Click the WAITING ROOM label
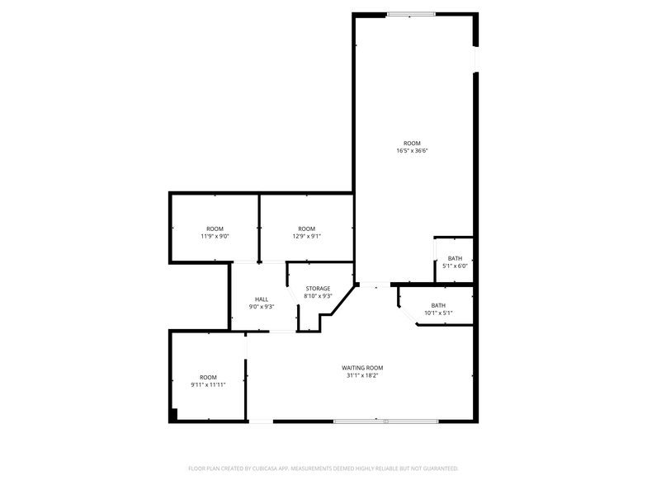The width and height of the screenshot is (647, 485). point(362,368)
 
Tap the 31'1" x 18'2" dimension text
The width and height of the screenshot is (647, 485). point(362,376)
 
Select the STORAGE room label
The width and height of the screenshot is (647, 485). point(318,289)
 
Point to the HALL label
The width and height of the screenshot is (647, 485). point(262,299)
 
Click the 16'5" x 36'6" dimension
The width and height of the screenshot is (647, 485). point(412,151)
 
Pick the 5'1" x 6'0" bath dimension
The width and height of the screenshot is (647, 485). point(455,266)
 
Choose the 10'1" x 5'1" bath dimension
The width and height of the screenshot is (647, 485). point(438,313)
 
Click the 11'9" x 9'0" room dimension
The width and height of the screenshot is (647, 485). point(215,236)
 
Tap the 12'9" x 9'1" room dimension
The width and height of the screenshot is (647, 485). point(307,236)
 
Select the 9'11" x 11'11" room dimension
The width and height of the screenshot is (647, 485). point(208,384)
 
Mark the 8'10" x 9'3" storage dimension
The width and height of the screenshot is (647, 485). point(318,296)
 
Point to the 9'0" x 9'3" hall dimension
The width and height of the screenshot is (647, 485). point(262,307)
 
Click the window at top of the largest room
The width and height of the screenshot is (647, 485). point(411,15)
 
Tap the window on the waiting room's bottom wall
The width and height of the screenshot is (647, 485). point(386,421)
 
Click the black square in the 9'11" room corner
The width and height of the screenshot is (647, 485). point(173,414)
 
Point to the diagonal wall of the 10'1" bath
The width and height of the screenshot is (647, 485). point(408,316)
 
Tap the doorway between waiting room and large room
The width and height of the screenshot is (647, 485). point(375,285)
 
